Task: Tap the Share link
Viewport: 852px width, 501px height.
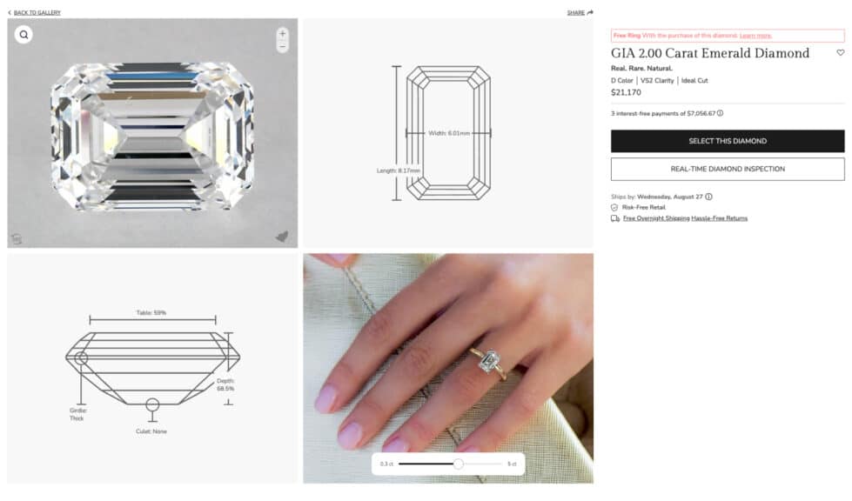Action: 580,12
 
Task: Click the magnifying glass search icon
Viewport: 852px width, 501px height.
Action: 23,35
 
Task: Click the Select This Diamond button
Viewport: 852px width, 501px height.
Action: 728,141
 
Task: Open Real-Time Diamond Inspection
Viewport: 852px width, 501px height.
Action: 728,170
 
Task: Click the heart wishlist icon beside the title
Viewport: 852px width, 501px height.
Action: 841,53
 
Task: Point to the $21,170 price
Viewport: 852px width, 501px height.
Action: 626,92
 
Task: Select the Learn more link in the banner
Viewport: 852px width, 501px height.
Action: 755,36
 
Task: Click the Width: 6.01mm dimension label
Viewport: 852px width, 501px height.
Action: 449,133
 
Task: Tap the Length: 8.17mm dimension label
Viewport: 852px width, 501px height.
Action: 399,170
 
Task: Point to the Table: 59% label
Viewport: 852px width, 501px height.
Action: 151,312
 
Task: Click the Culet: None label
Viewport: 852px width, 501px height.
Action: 151,431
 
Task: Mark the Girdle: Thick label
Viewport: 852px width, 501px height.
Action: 77,414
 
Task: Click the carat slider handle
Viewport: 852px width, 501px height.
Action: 459,464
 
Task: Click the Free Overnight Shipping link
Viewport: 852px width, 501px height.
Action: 656,218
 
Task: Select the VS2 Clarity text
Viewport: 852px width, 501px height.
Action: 657,80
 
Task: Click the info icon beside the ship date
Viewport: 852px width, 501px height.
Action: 708,197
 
